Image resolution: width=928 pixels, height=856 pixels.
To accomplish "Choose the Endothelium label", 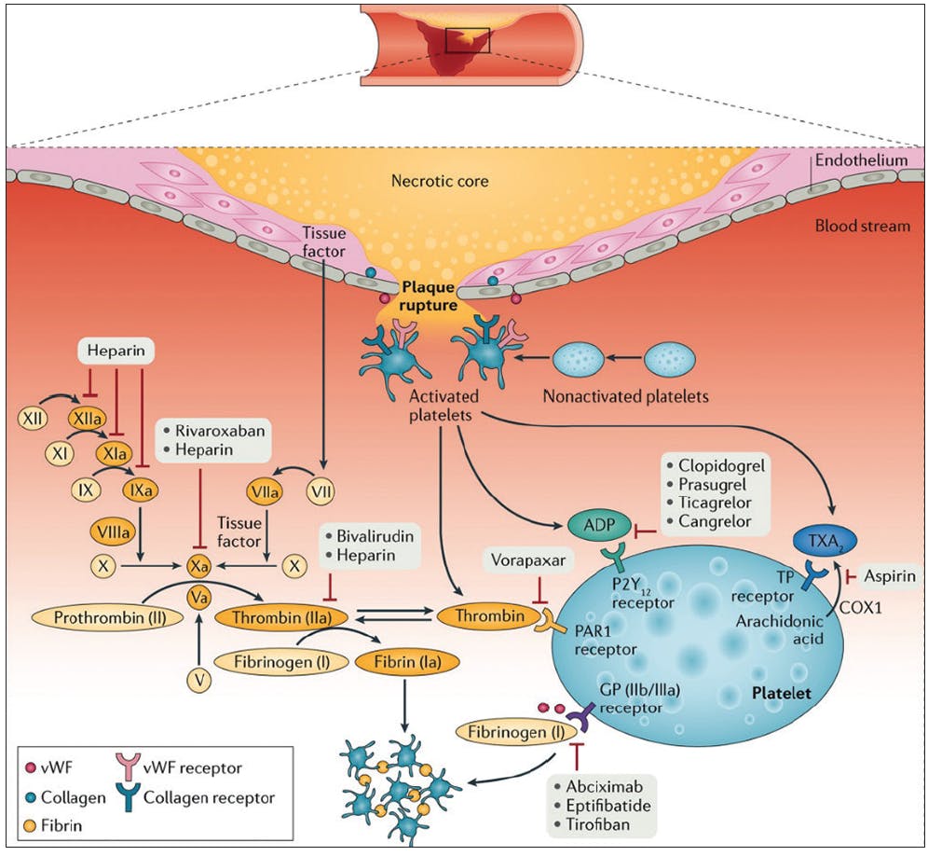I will pos(859,160).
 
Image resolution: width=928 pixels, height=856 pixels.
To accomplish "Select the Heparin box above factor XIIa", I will pos(114,352).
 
